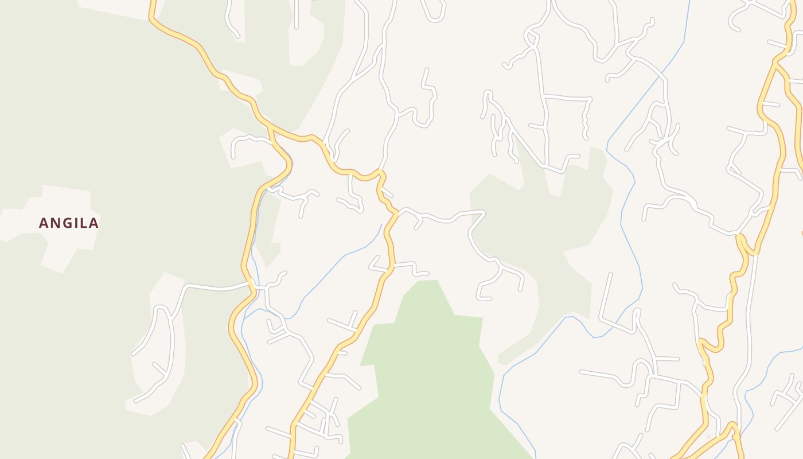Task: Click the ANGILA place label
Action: click(x=69, y=223)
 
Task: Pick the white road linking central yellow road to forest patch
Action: click(x=442, y=218)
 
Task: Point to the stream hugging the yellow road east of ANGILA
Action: click(x=255, y=229)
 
